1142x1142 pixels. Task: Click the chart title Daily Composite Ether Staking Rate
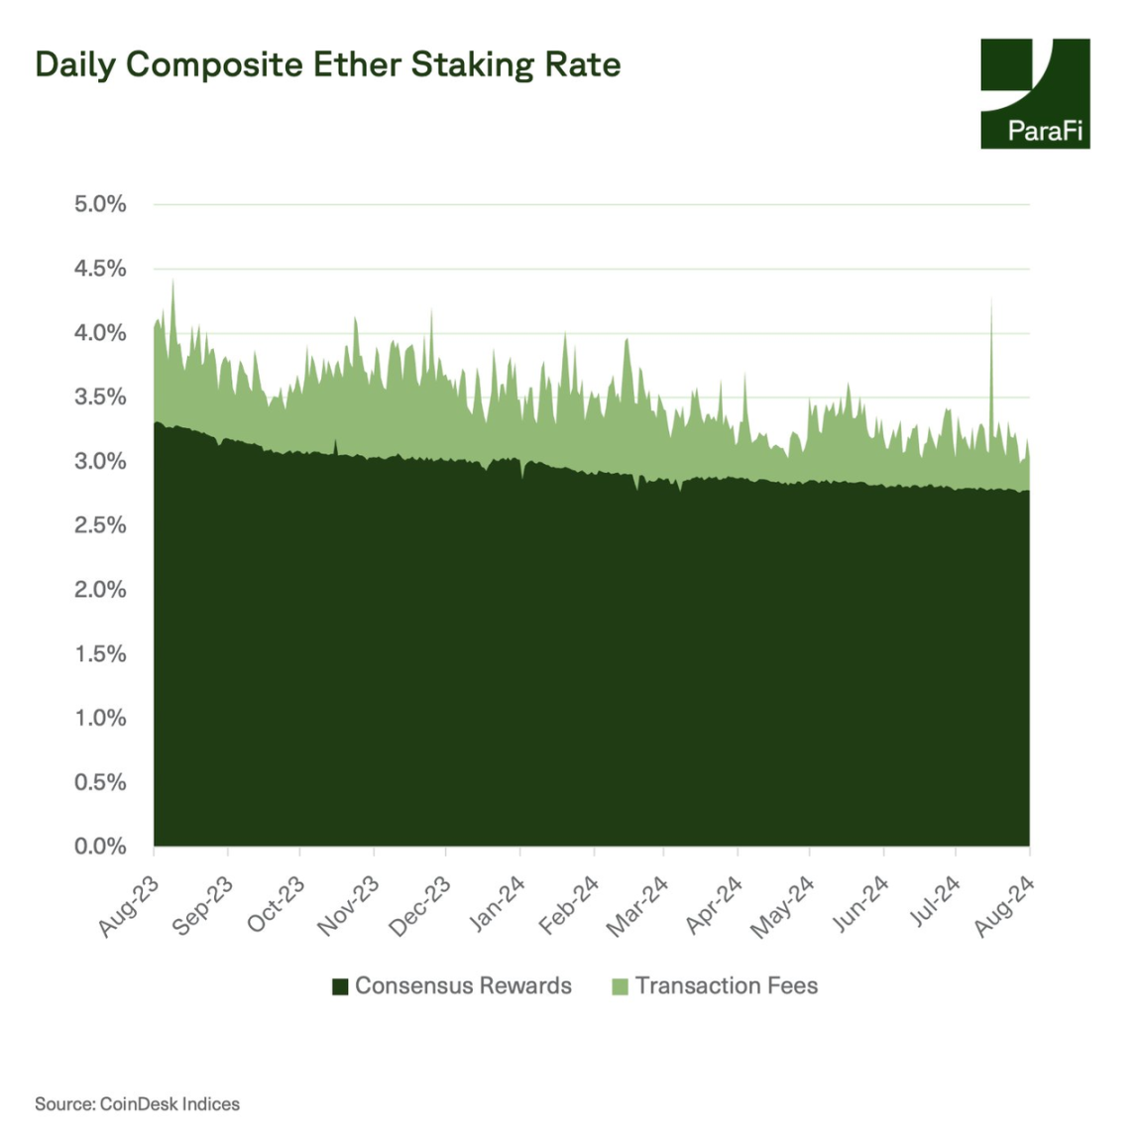[x=327, y=65]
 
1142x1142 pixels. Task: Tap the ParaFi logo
[x=1034, y=94]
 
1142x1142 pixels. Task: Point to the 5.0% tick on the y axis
[x=100, y=204]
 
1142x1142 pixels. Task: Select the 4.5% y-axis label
[x=100, y=269]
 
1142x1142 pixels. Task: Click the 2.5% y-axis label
[x=100, y=525]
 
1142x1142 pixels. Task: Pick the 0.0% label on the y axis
[x=100, y=847]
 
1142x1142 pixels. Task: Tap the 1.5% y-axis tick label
[x=100, y=654]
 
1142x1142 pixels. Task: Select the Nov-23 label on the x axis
[x=348, y=906]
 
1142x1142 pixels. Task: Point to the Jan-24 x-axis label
[x=496, y=906]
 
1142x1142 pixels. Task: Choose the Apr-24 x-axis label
[x=714, y=906]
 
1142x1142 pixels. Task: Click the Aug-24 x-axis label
[x=1004, y=906]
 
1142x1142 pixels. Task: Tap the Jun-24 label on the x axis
[x=859, y=906]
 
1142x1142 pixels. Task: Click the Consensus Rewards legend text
[x=463, y=986]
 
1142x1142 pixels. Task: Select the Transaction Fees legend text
[x=727, y=986]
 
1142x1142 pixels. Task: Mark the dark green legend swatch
[x=340, y=986]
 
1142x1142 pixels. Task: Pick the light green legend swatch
[x=621, y=986]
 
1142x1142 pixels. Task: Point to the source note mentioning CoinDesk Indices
[x=137, y=1104]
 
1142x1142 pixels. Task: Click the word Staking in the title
[x=472, y=65]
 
